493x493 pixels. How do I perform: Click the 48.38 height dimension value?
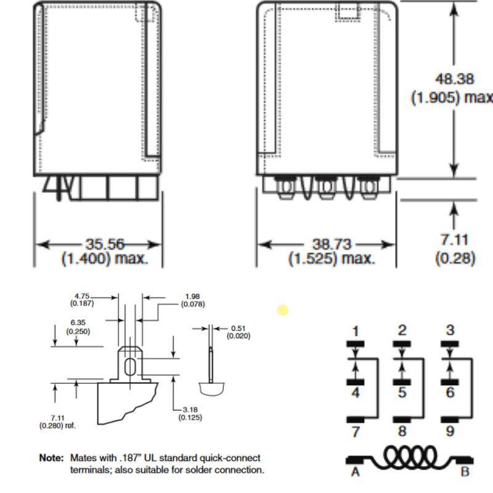pos(454,79)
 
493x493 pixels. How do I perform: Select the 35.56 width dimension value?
pos(103,244)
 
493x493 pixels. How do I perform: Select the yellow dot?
pos(282,310)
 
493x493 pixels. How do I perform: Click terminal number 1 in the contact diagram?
pos(355,331)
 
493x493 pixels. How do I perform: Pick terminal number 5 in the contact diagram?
pos(402,391)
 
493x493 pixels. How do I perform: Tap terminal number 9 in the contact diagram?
pos(450,431)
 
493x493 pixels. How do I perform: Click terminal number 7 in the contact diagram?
pos(355,431)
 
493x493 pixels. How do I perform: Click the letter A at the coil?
pos(355,472)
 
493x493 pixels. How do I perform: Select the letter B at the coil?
pos(465,472)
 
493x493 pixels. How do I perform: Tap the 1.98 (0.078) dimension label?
pos(192,300)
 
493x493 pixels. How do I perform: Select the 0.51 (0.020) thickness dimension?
pos(237,332)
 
